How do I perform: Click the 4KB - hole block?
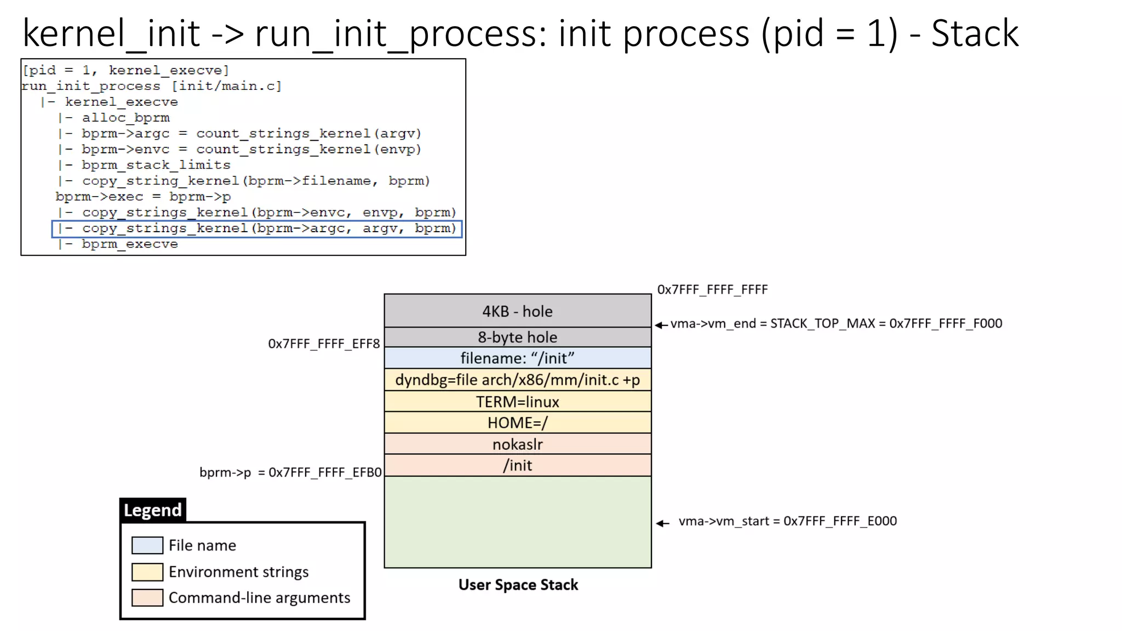(x=517, y=311)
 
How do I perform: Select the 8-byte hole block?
(x=517, y=337)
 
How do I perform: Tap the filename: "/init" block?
(x=517, y=358)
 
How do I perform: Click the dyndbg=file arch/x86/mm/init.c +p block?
(x=517, y=380)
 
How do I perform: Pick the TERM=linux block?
(x=517, y=401)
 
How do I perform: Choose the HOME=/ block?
(x=517, y=423)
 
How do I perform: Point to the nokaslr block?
(x=517, y=444)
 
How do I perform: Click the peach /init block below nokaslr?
(x=517, y=465)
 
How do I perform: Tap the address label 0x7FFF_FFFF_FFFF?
(x=712, y=289)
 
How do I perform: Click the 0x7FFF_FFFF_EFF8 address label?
(x=323, y=343)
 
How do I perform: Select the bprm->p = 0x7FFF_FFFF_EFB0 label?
(x=290, y=472)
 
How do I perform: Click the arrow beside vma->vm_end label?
(x=661, y=325)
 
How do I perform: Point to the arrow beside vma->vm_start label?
(x=663, y=523)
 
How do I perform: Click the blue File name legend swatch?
(x=147, y=545)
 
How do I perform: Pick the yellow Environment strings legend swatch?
(x=147, y=571)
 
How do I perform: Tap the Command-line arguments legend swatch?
(x=147, y=597)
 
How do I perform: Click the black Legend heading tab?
(x=153, y=510)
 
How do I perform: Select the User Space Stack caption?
(x=518, y=584)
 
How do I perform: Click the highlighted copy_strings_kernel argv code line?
(x=257, y=228)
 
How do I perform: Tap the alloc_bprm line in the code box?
(x=125, y=118)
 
